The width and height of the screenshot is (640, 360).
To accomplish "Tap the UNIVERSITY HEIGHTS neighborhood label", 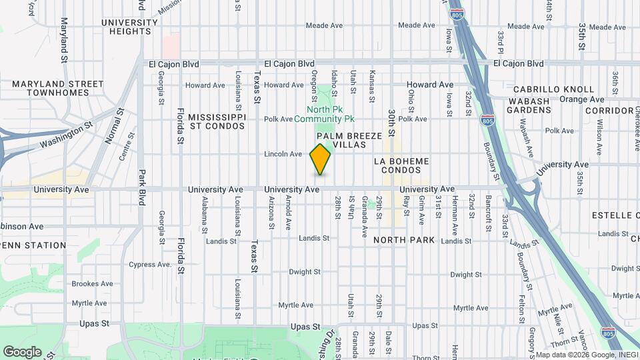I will (130, 27).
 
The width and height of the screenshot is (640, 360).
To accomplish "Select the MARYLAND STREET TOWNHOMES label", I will (57, 89).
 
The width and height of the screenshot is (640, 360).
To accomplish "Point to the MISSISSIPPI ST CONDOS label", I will (217, 121).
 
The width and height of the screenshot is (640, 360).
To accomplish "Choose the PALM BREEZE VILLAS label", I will (354, 140).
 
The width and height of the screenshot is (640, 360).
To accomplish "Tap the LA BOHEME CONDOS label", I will (401, 165).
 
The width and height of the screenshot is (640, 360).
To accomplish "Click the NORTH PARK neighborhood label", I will (404, 240).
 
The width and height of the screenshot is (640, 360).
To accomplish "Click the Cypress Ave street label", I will (152, 265).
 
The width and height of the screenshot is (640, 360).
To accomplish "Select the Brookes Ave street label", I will (93, 283).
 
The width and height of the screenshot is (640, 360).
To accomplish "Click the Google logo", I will (22, 352).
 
